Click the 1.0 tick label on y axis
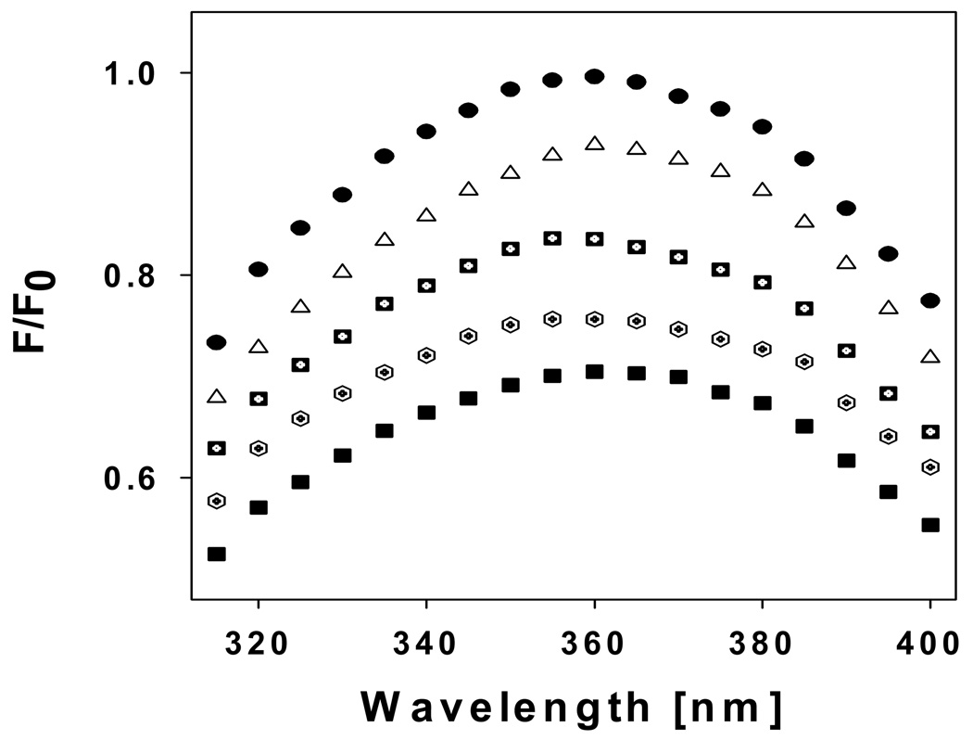[139, 73]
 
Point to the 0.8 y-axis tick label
[139, 275]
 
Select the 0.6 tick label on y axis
[139, 478]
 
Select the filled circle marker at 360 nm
[594, 76]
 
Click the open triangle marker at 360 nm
[594, 144]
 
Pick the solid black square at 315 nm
[217, 554]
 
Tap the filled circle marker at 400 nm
[930, 300]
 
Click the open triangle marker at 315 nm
[217, 397]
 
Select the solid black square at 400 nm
[930, 525]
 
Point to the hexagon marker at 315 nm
[217, 501]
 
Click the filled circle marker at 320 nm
[259, 269]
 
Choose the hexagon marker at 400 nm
[930, 467]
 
